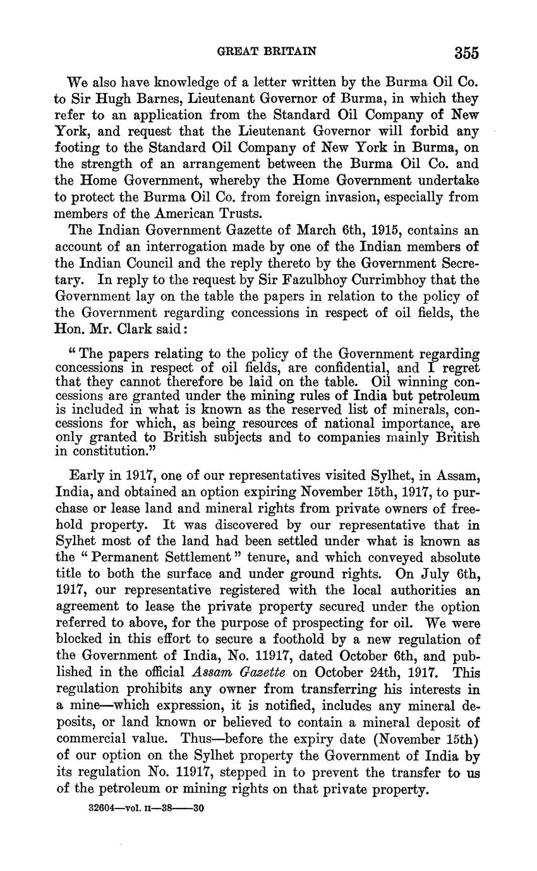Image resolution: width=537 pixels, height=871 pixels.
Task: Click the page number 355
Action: [x=465, y=52]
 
